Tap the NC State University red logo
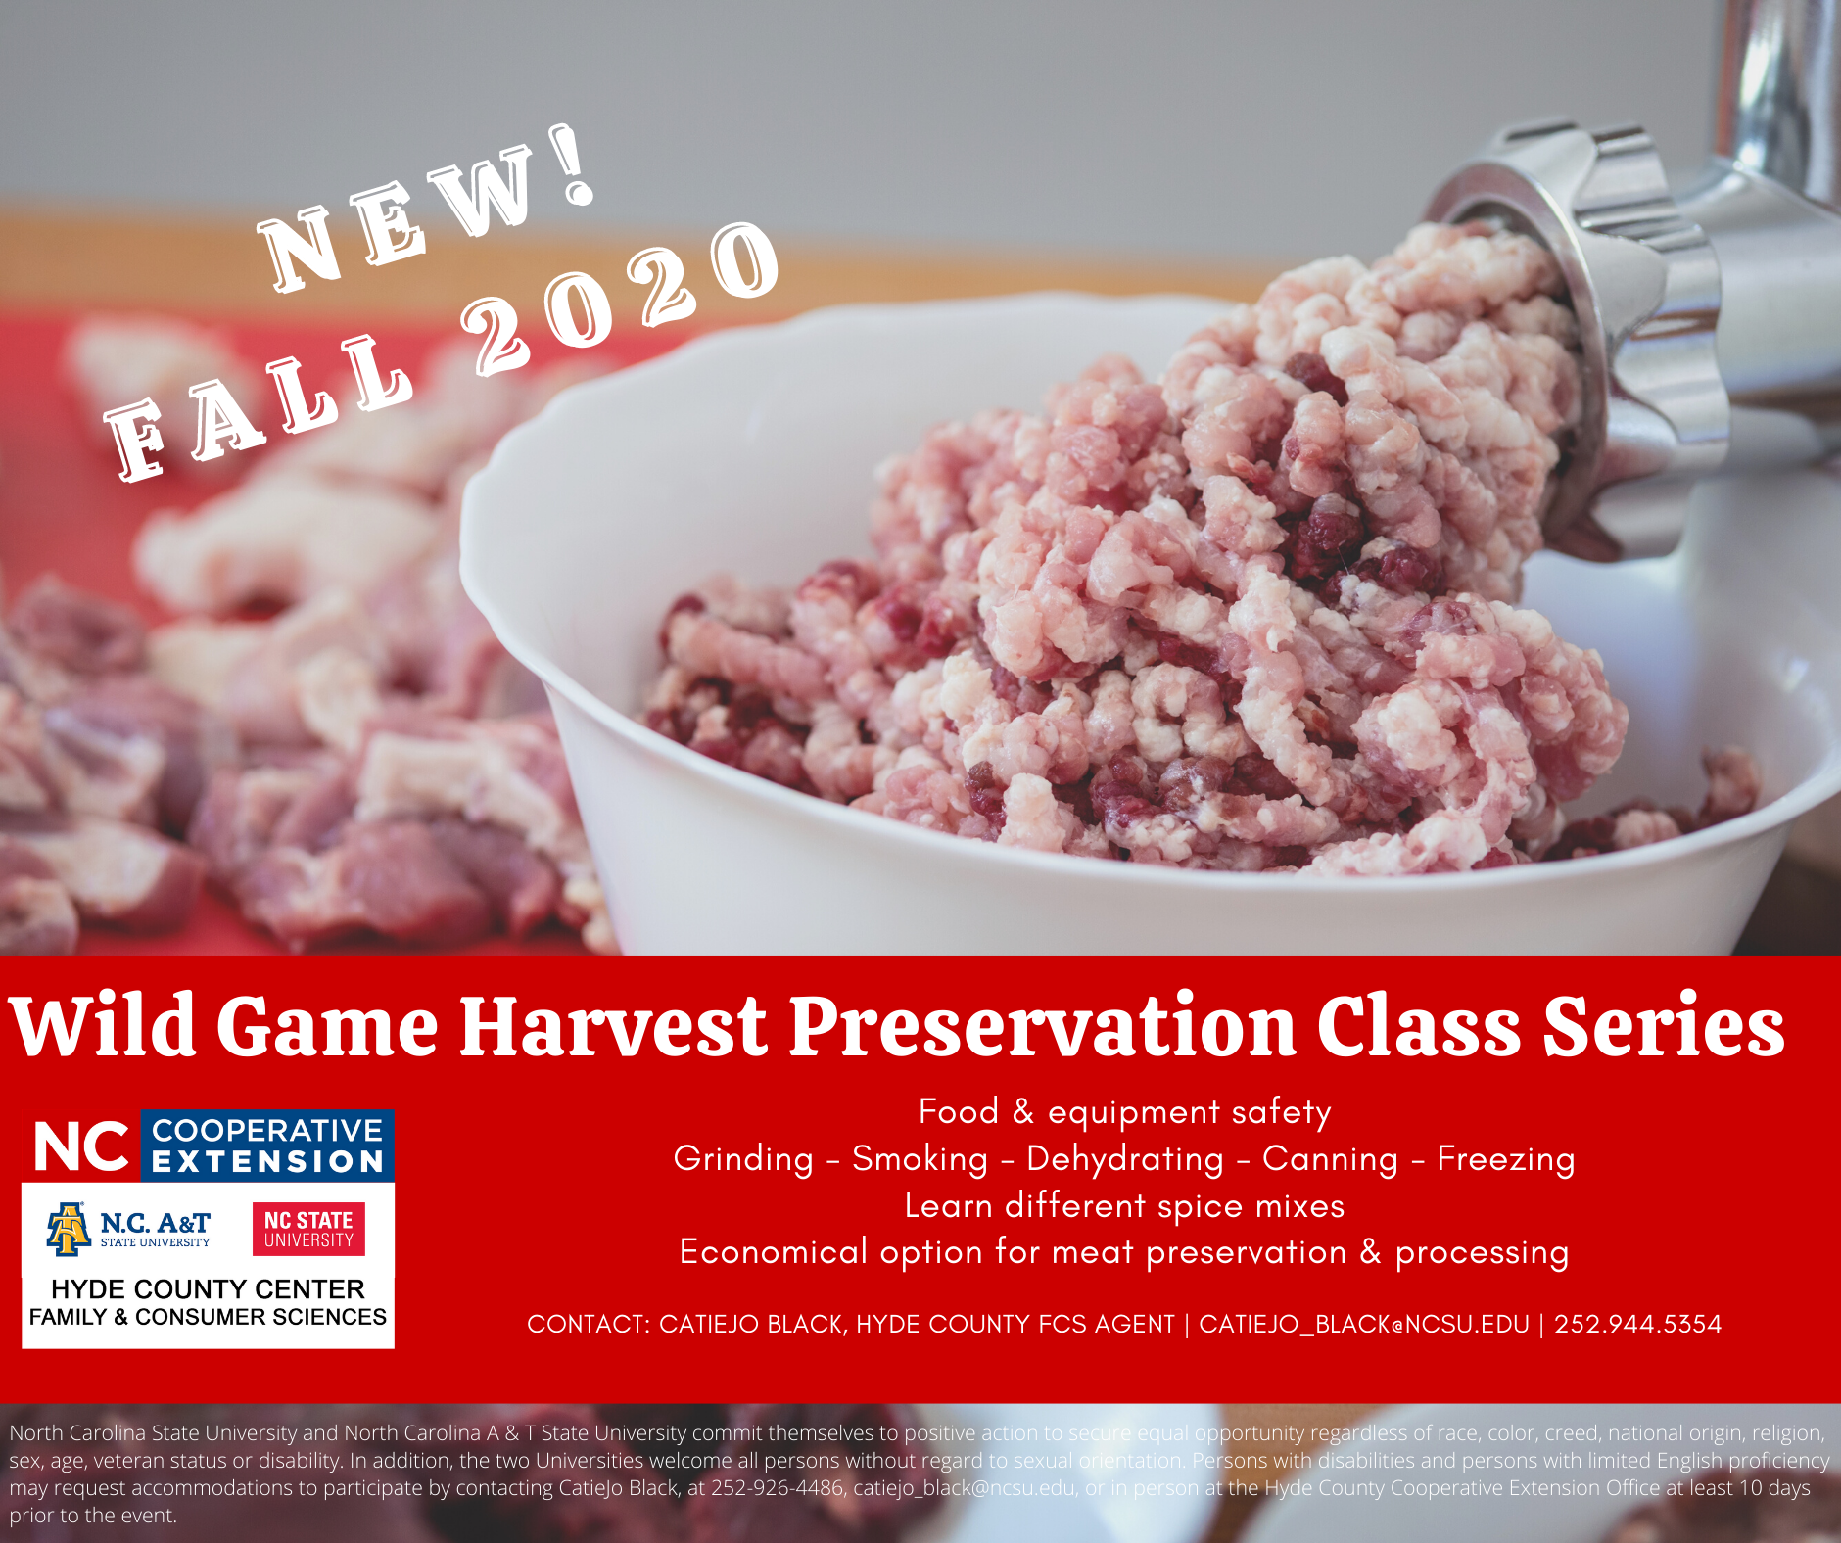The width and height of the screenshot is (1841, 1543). point(308,1229)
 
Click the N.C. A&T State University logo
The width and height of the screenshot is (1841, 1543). point(128,1229)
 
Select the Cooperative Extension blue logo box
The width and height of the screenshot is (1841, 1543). point(267,1146)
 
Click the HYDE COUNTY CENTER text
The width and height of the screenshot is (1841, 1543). point(208,1288)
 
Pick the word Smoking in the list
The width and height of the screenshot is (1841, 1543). point(920,1158)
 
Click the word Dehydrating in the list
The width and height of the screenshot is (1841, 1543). point(1125,1160)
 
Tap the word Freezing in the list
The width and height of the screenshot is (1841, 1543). point(1506,1160)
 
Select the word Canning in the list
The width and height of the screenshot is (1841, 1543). point(1330,1160)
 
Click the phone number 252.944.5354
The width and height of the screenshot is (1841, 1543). point(1637,1324)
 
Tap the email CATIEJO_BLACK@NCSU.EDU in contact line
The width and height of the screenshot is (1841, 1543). point(1364,1325)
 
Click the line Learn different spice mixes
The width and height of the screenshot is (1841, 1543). point(1124,1206)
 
